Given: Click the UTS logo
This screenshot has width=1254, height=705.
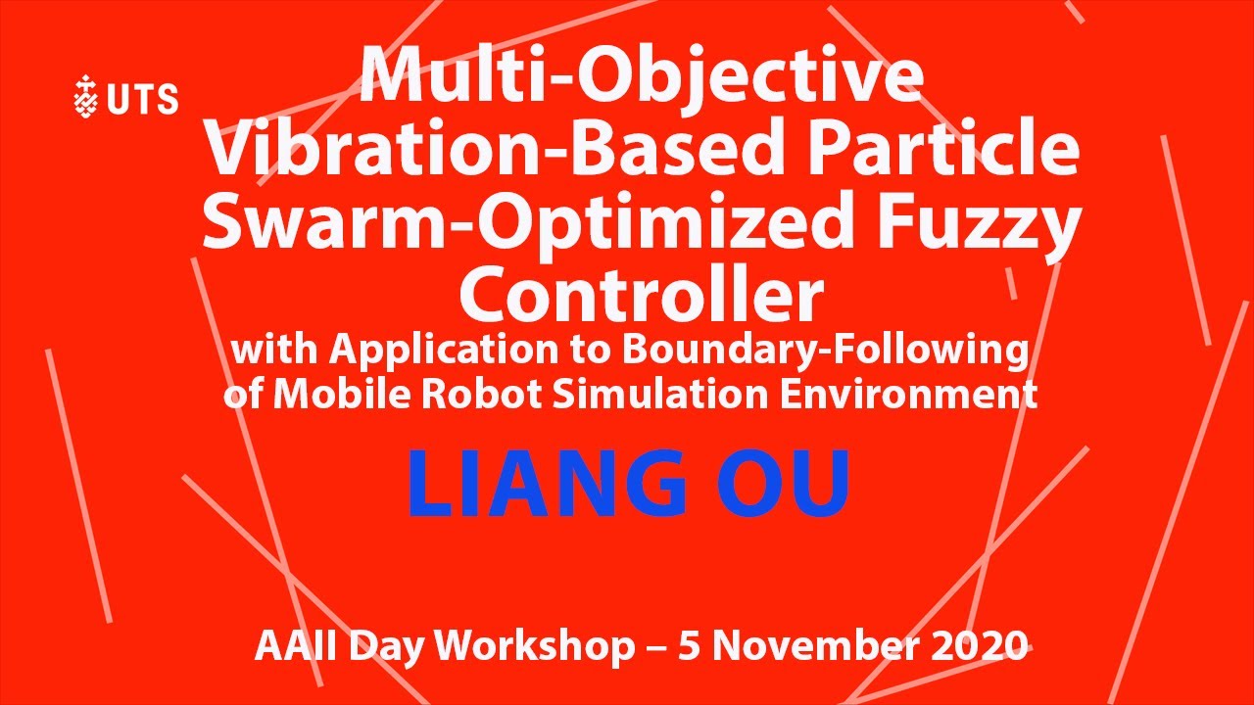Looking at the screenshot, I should [x=125, y=98].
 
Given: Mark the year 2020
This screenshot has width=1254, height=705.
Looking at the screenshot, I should [x=980, y=646].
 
